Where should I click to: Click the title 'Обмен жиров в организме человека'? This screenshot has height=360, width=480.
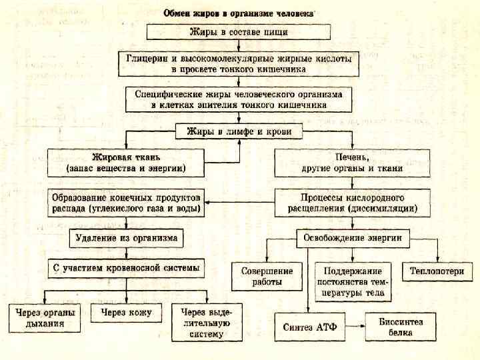pyautogui.click(x=239, y=13)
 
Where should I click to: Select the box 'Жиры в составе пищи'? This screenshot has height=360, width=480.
pyautogui.click(x=239, y=32)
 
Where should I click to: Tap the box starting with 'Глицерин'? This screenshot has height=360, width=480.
pyautogui.click(x=239, y=63)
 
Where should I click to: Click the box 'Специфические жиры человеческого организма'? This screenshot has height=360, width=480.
pyautogui.click(x=239, y=99)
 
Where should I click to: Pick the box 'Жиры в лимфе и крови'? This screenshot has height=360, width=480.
pyautogui.click(x=239, y=132)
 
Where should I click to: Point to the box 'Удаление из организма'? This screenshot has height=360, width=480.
pyautogui.click(x=127, y=237)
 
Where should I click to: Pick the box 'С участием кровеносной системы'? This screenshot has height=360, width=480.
pyautogui.click(x=127, y=269)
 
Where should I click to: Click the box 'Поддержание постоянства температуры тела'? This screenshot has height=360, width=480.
pyautogui.click(x=353, y=281)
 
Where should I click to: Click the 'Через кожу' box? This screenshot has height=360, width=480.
pyautogui.click(x=127, y=313)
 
